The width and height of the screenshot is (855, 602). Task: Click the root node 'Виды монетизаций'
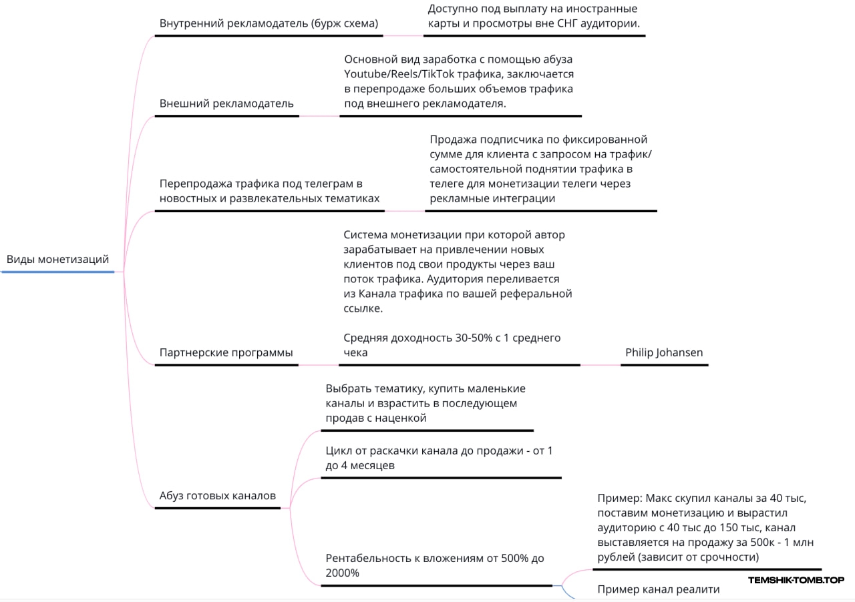pyautogui.click(x=57, y=260)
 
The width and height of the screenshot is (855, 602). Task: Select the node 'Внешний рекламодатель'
pyautogui.click(x=226, y=103)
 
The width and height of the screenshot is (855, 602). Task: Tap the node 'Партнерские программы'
pyautogui.click(x=226, y=352)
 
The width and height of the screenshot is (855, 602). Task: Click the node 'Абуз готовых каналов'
pyautogui.click(x=217, y=496)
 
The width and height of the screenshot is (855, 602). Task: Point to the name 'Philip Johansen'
pyautogui.click(x=664, y=352)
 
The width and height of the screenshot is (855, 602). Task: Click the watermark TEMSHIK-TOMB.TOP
pyautogui.click(x=796, y=580)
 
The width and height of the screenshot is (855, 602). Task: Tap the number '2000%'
pyautogui.click(x=343, y=573)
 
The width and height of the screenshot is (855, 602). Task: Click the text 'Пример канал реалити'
pyautogui.click(x=659, y=589)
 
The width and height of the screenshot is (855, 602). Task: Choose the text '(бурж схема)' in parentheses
pyautogui.click(x=346, y=23)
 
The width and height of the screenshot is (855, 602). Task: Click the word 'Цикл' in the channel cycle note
pyautogui.click(x=338, y=450)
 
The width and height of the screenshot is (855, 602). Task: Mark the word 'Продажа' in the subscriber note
pyautogui.click(x=452, y=139)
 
